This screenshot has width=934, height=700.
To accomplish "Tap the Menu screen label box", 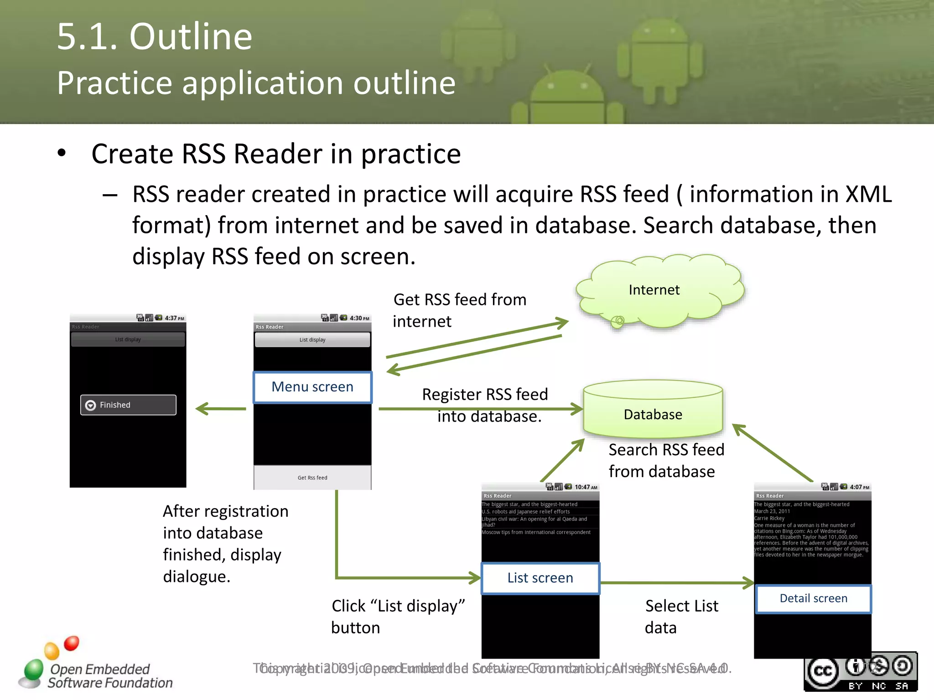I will pos(312,387).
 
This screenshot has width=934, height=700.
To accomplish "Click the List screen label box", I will pos(540,578).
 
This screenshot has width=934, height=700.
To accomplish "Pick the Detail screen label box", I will pos(813,598).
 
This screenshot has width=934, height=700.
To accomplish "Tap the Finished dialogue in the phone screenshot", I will pos(128,405).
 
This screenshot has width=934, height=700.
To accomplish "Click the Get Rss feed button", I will pos(312,478).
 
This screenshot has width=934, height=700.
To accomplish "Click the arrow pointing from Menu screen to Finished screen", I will pos(221,409).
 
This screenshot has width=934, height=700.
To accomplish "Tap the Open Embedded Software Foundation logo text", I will pos(109,676).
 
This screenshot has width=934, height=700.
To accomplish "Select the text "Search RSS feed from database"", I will pos(666,460).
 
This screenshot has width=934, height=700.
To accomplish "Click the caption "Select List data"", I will pos(681,617).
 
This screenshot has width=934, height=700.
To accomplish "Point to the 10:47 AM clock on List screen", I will pos(586,487).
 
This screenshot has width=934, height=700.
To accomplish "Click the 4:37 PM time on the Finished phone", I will pos(174,318).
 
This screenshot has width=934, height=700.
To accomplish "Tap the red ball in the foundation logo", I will pos(72,643).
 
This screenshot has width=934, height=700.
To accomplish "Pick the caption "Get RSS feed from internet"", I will pos(459,310).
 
